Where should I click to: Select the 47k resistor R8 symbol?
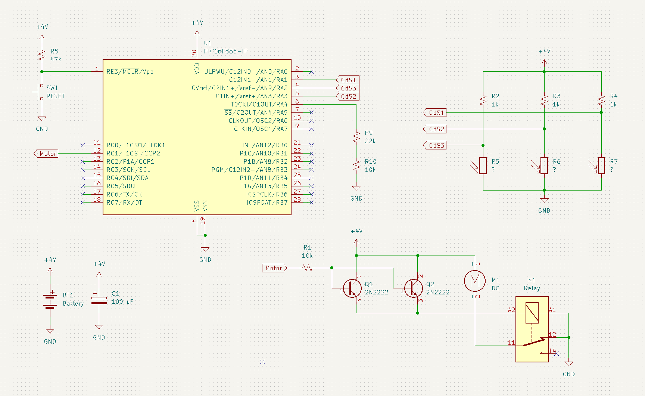pos(42,55)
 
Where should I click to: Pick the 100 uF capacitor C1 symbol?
pos(99,300)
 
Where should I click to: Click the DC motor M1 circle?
pos(475,281)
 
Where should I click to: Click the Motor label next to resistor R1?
pos(274,268)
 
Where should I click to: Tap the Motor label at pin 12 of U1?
pos(46,154)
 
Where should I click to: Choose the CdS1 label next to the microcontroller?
pos(348,80)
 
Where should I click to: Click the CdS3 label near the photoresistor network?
pos(435,145)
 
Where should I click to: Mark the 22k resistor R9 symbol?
pos(356,137)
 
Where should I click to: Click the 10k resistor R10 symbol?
pos(356,165)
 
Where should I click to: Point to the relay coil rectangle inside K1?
pos(532,313)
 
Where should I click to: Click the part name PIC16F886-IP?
pos(226,51)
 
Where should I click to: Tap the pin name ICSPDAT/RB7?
pos(267,202)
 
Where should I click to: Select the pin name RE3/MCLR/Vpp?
pos(130,71)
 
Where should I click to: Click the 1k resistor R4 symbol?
pos(601,100)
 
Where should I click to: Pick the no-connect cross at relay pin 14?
pos(557,353)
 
